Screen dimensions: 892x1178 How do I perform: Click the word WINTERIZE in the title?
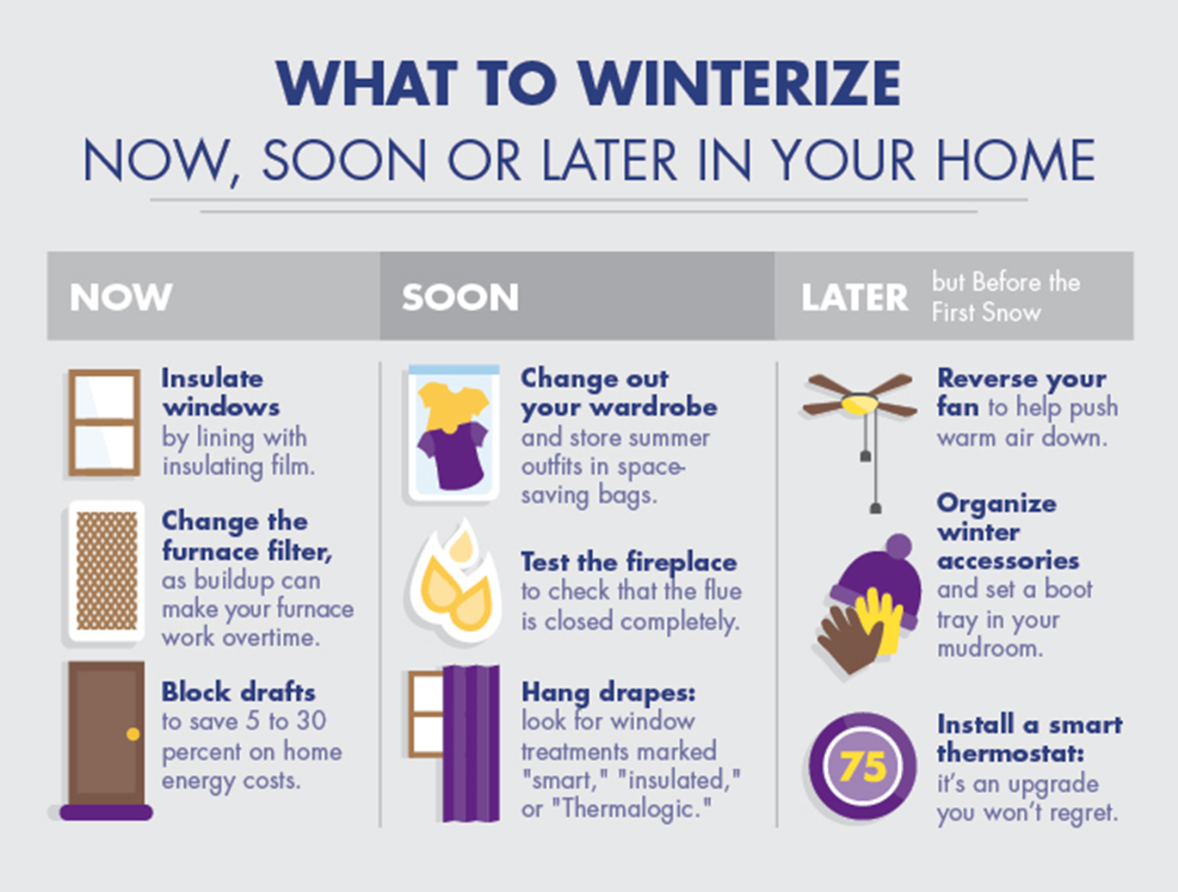coord(739,84)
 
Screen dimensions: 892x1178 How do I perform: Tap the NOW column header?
coord(121,297)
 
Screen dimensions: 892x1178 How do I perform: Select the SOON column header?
coord(460,297)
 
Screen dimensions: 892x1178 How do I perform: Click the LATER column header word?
coord(854,298)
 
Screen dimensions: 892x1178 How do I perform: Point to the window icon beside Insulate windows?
coord(104,422)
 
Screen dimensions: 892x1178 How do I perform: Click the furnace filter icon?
coord(106,571)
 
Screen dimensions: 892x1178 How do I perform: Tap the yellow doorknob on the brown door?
coord(133,734)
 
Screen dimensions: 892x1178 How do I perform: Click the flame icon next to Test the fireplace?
coord(453,585)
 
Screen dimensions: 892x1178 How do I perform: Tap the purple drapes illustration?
coord(471,744)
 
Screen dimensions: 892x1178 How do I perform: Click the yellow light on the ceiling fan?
coord(859,403)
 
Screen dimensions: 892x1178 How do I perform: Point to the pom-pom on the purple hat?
coord(898,546)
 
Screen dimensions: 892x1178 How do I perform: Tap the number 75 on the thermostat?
coord(862,766)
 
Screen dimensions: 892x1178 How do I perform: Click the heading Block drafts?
coord(238,692)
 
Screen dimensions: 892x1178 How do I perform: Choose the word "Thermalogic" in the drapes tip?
coord(632,809)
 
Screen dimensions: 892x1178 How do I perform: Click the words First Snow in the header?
coord(986,312)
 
